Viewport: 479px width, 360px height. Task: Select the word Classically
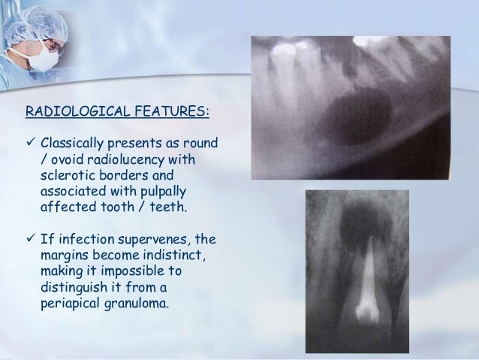point(74,143)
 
